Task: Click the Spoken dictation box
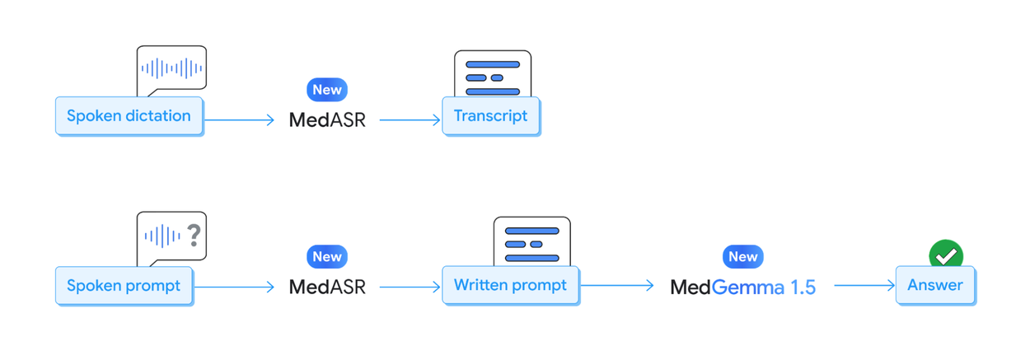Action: [x=129, y=116]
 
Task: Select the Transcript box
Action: [x=490, y=116]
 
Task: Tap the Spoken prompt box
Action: [x=124, y=286]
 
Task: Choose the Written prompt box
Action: [x=510, y=286]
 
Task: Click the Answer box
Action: [x=934, y=286]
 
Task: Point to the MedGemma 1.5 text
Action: [x=742, y=287]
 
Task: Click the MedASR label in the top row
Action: [x=327, y=119]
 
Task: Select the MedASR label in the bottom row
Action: [x=327, y=287]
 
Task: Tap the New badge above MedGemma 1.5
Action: [x=742, y=257]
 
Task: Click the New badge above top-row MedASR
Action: [x=327, y=90]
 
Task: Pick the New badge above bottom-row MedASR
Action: [x=327, y=257]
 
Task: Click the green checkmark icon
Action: [x=946, y=255]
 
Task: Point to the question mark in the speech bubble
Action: [x=194, y=236]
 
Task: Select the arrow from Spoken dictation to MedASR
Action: [x=239, y=120]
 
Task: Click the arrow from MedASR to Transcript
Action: [x=410, y=120]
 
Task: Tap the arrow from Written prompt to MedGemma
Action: [x=617, y=286]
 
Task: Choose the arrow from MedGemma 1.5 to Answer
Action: [x=864, y=286]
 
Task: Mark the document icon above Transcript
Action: [x=493, y=74]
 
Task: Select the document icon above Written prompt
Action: [x=531, y=241]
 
